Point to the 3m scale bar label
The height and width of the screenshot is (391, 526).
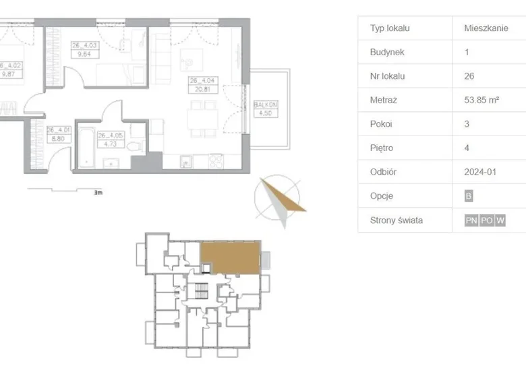98,192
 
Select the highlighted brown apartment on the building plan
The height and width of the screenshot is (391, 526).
230,258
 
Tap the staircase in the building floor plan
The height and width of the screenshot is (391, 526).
200,292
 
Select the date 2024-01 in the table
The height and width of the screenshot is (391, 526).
480,172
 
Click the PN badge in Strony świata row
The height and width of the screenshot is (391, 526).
471,220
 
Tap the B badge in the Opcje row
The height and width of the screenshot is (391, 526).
469,196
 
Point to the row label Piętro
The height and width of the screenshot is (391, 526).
382,148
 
